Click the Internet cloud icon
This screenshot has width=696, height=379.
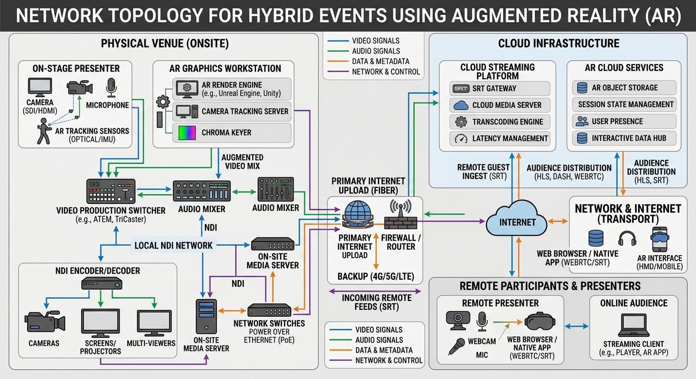click(x=516, y=219)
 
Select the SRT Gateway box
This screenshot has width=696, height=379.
click(x=500, y=88)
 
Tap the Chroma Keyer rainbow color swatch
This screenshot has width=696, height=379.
click(x=187, y=133)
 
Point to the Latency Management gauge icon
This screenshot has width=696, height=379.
click(x=461, y=138)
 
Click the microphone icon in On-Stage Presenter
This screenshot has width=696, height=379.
click(x=111, y=87)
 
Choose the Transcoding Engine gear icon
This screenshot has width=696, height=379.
click(x=461, y=122)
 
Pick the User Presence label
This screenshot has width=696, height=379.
click(x=617, y=121)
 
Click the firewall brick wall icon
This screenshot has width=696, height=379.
click(x=401, y=223)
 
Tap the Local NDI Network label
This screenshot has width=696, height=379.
click(x=173, y=245)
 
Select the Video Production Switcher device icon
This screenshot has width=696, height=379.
click(x=110, y=191)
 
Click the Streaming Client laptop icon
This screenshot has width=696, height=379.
click(x=634, y=325)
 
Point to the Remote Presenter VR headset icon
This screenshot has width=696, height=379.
click(x=539, y=322)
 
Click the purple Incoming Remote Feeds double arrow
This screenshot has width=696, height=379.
click(x=375, y=291)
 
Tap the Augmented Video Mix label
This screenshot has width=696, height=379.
click(x=243, y=161)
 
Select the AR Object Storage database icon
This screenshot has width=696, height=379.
click(x=582, y=88)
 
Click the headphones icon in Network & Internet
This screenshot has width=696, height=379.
click(x=627, y=239)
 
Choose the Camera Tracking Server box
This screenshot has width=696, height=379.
click(x=232, y=111)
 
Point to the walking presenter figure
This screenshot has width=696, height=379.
click(x=44, y=131)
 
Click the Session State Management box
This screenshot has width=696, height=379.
click(x=624, y=104)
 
